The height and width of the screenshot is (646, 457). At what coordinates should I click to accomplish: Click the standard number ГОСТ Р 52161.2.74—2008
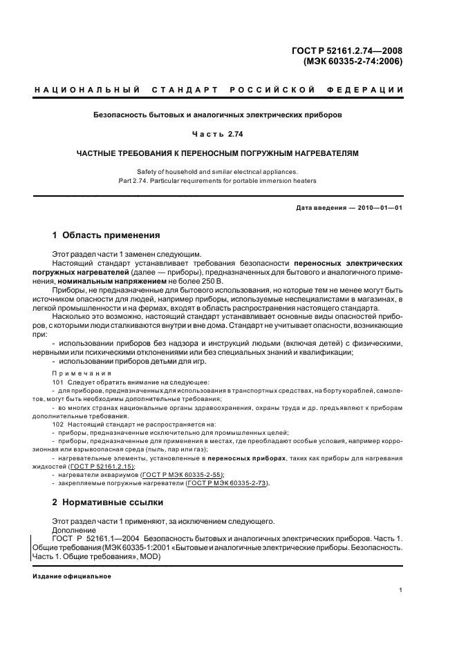click(x=350, y=50)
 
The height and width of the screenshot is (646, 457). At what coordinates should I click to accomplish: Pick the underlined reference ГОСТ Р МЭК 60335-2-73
click(x=216, y=483)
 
